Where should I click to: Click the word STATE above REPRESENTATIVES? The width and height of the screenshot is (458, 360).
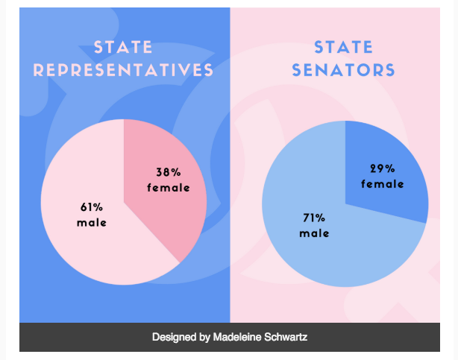tap(124, 48)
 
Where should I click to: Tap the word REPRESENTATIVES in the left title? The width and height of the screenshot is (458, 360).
tap(124, 71)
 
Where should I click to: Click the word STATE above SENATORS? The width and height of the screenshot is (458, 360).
tap(343, 48)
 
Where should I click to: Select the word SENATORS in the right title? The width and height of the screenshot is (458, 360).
tap(343, 71)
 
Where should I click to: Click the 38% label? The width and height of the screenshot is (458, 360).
tap(169, 173)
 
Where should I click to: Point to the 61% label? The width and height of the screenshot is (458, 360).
tap(92, 207)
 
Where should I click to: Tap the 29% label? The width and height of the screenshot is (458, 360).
tap(383, 168)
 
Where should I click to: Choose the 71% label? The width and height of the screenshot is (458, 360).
tap(314, 218)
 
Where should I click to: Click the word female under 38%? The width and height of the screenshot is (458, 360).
tap(169, 188)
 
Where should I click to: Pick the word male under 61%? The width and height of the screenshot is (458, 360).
tap(92, 222)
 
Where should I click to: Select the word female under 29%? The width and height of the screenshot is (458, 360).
tap(383, 183)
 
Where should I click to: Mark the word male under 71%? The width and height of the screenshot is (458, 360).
tap(314, 233)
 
